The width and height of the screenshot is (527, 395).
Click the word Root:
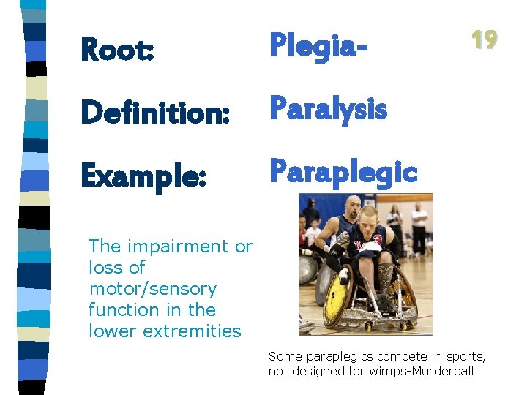(x=117, y=50)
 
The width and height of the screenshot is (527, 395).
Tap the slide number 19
(x=484, y=39)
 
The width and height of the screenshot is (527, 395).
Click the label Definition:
(x=155, y=113)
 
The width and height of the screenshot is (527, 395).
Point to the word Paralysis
(x=328, y=109)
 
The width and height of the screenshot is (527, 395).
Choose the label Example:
(x=143, y=176)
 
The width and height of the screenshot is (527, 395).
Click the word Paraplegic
(x=343, y=171)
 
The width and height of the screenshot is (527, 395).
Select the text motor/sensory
(x=152, y=289)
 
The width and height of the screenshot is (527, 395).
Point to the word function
(x=119, y=310)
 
